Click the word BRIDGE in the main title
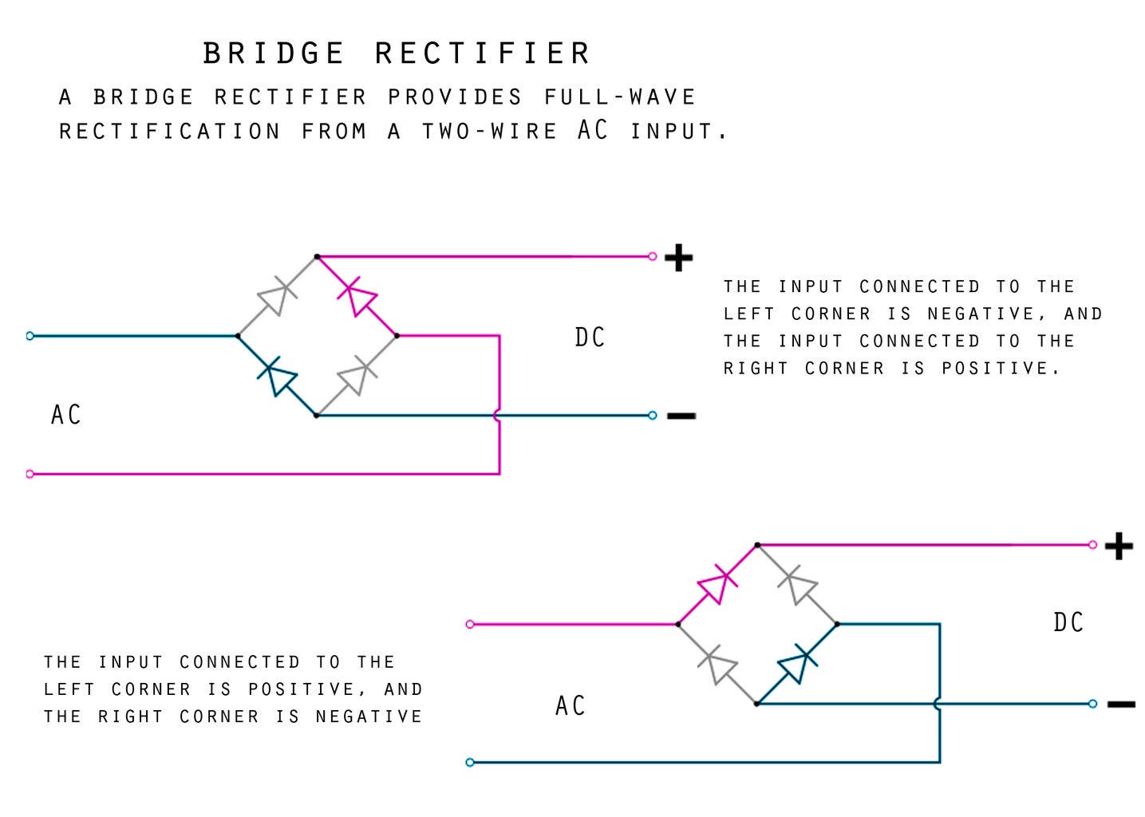[x=274, y=54]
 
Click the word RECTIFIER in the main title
[x=483, y=54]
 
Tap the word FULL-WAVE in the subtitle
[x=620, y=97]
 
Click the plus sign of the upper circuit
[x=678, y=258]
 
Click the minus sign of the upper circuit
[x=681, y=416]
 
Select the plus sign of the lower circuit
[x=1119, y=547]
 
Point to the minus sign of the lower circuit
[x=1121, y=705]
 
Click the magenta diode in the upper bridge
[x=357, y=296]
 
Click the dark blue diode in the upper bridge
[x=277, y=376]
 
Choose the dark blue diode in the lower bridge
[x=797, y=664]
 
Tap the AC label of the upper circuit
[x=66, y=415]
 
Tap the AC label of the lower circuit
[x=571, y=706]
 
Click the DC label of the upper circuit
[x=590, y=337]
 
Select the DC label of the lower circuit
[x=1068, y=622]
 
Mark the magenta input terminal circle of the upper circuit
[x=30, y=474]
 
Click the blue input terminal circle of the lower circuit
[x=470, y=763]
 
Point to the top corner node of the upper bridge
[x=317, y=257]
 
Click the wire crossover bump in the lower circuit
[x=938, y=704]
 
